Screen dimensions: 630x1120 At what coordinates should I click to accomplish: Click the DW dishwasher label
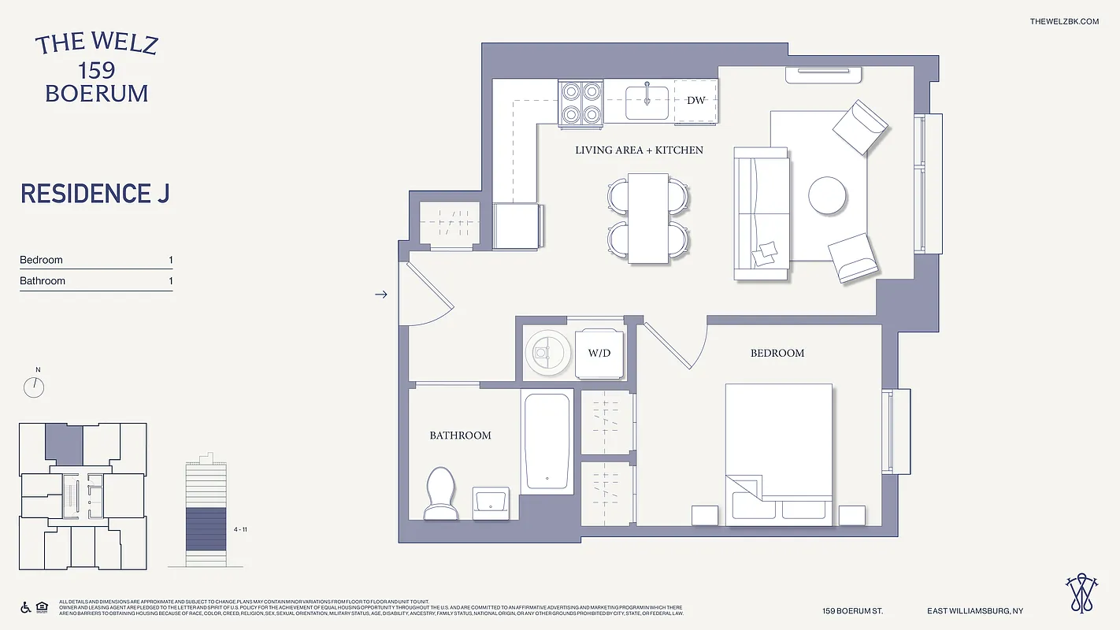pyautogui.click(x=695, y=101)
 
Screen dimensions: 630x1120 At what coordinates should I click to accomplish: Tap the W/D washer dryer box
pyautogui.click(x=599, y=353)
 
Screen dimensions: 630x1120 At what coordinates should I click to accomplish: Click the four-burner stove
pyautogui.click(x=581, y=102)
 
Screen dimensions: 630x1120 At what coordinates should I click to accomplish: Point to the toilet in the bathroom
pyautogui.click(x=440, y=493)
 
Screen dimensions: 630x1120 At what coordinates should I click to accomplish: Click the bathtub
pyautogui.click(x=547, y=439)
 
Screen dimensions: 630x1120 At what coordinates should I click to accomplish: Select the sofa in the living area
pyautogui.click(x=761, y=213)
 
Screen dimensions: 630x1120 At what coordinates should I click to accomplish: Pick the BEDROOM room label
pyautogui.click(x=777, y=353)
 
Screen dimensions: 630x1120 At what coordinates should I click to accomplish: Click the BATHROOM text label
pyautogui.click(x=460, y=435)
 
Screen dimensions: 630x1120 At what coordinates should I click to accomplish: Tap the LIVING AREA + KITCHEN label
pyautogui.click(x=639, y=150)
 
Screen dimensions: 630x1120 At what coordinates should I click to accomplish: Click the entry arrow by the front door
pyautogui.click(x=381, y=295)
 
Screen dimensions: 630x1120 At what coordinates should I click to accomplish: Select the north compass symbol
pyautogui.click(x=35, y=386)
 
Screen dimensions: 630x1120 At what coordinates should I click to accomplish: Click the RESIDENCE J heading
pyautogui.click(x=95, y=194)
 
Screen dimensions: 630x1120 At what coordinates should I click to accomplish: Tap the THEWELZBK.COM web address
pyautogui.click(x=1063, y=21)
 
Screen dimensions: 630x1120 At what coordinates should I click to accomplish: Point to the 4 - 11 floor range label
pyautogui.click(x=240, y=530)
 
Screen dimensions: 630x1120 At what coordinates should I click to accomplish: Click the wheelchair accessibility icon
pyautogui.click(x=25, y=607)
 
